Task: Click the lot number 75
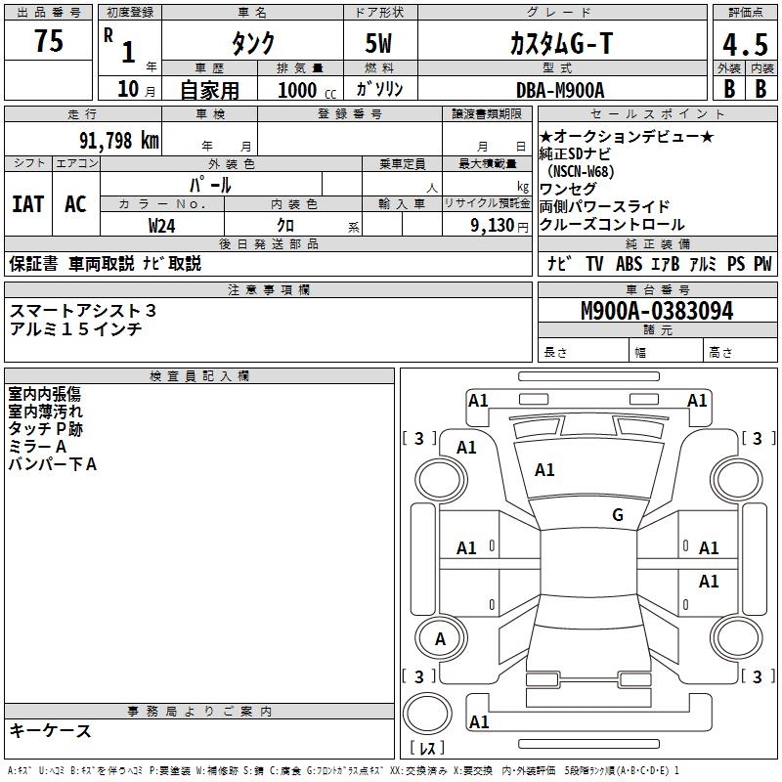pos(50,41)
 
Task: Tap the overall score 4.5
pos(743,45)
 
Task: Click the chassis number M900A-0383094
pos(656,311)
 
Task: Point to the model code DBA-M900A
pos(560,90)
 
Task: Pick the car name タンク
pos(252,43)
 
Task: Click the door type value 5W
pos(381,43)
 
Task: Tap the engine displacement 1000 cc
pos(306,90)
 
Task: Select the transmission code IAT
pos(28,203)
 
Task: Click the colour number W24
pos(162,225)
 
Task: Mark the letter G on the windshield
pos(617,515)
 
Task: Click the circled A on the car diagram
pos(440,639)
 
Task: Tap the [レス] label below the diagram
pos(427,749)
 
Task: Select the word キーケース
pos(51,730)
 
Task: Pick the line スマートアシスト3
pos(83,310)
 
